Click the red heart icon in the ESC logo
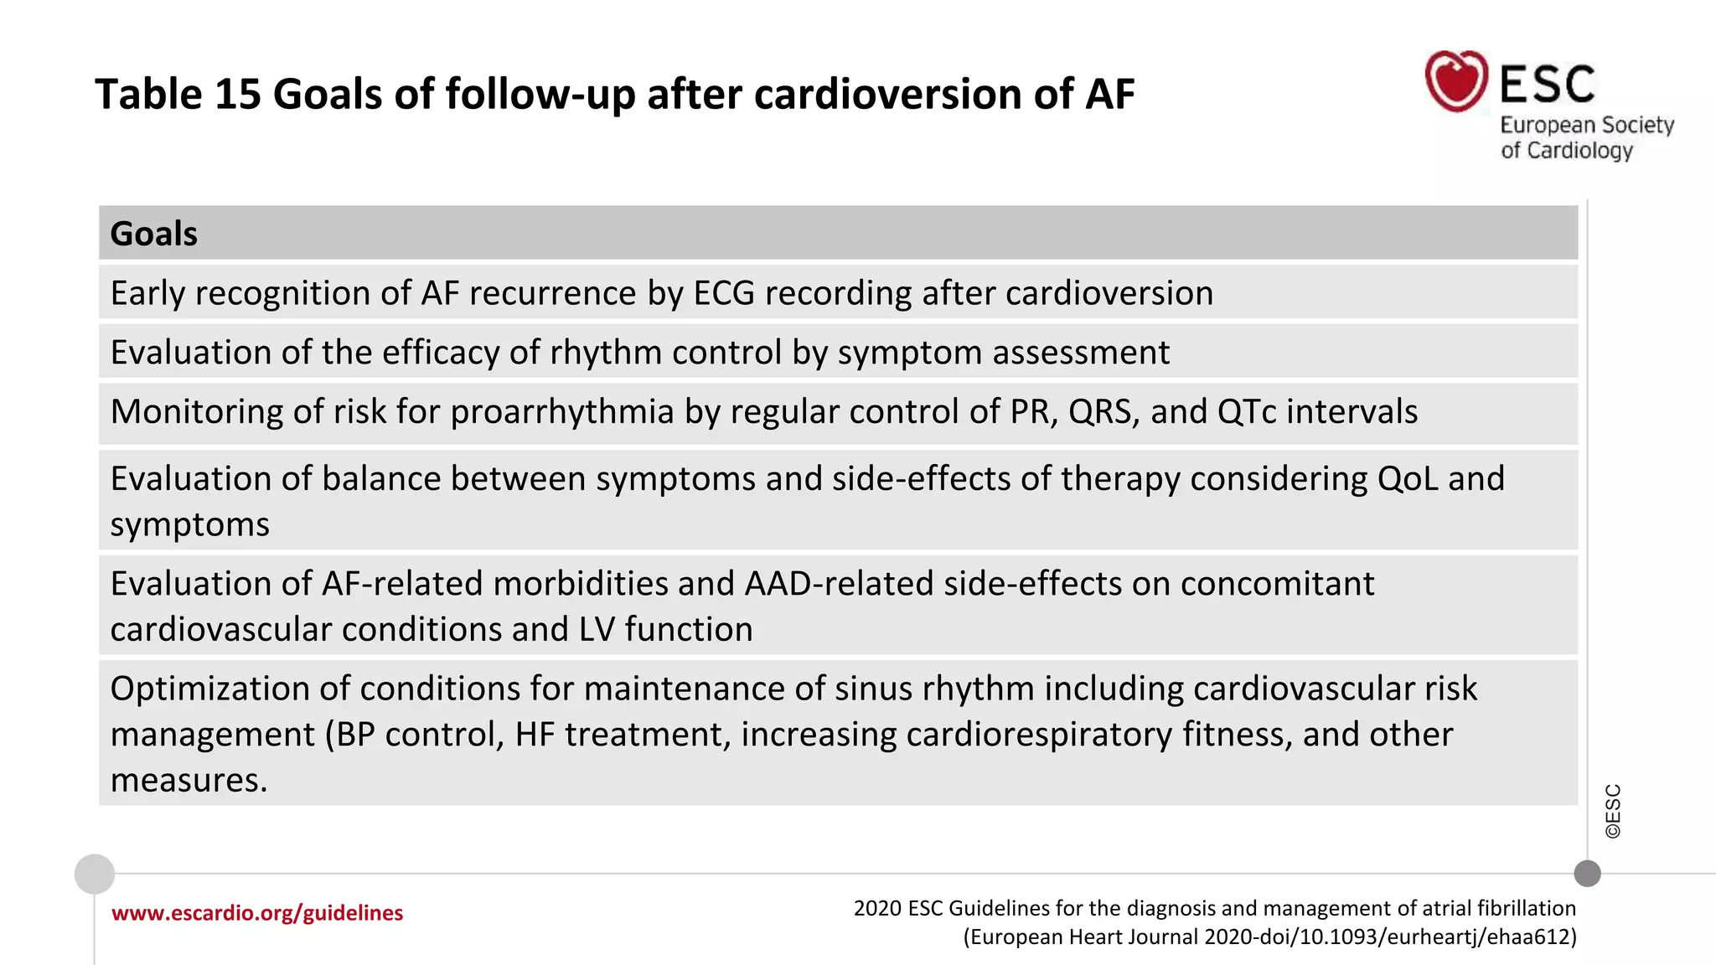point(1456,81)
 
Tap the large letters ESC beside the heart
point(1547,84)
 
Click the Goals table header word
point(154,234)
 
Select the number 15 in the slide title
point(238,94)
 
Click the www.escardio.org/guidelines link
point(257,913)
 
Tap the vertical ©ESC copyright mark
point(1613,811)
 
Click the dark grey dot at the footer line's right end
point(1587,874)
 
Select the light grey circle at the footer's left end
point(95,875)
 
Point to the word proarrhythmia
point(562,412)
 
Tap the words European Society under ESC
point(1586,126)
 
